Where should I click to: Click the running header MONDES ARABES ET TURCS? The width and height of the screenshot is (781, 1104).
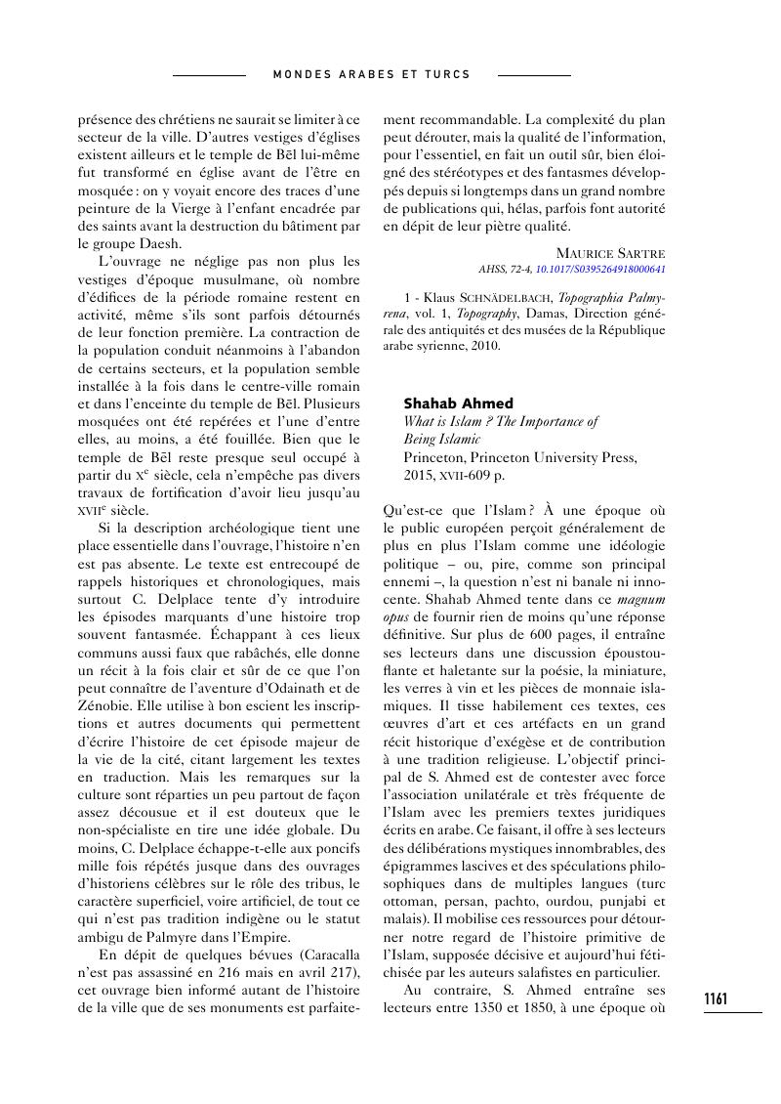pyautogui.click(x=371, y=74)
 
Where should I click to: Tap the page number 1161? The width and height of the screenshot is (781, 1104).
pyautogui.click(x=716, y=998)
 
